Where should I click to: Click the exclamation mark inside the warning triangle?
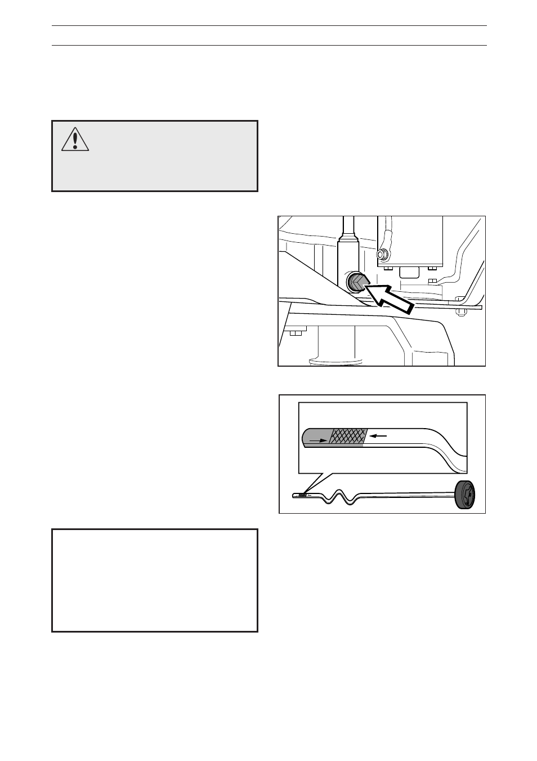[x=75, y=139]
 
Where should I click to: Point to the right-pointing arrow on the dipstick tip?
[x=319, y=441]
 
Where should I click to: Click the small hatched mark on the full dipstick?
[x=303, y=496]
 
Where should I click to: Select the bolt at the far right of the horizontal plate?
[x=460, y=311]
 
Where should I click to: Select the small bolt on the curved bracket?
[x=432, y=280]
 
